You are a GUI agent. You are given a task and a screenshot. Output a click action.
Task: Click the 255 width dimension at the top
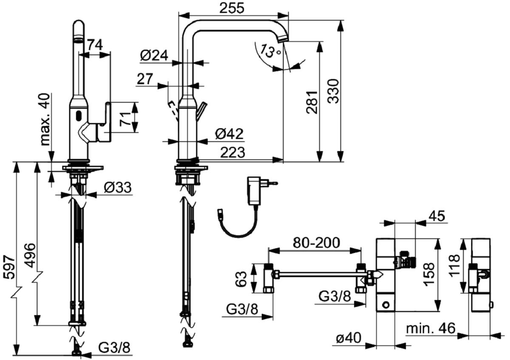(x=232, y=8)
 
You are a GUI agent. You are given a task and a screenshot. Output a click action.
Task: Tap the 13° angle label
(x=270, y=51)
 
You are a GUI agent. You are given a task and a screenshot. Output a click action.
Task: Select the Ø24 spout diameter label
(x=154, y=56)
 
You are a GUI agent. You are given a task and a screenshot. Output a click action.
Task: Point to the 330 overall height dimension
(x=334, y=91)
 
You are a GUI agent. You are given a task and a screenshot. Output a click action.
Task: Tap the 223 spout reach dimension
(x=233, y=152)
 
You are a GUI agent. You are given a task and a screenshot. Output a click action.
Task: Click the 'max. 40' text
(x=45, y=119)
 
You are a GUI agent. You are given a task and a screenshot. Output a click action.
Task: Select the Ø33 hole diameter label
(x=118, y=187)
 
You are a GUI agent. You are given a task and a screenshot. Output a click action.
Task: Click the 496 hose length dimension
(x=30, y=255)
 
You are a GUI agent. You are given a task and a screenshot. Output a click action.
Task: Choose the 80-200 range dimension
(x=316, y=243)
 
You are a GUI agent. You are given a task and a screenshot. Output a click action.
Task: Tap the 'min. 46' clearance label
(x=431, y=328)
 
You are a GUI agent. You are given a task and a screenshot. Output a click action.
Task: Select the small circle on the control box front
(x=386, y=304)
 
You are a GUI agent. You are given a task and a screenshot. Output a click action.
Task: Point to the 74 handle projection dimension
(x=95, y=45)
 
